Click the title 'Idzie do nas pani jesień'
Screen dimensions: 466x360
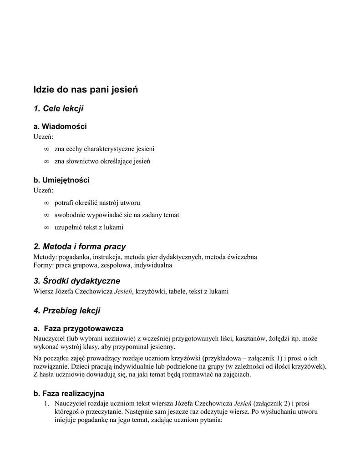pos(86,90)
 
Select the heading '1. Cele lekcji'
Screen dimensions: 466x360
pos(58,108)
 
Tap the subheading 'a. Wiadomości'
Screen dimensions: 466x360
pos(60,126)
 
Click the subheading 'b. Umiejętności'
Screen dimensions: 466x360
pos(61,180)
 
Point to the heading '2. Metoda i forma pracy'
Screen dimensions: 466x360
pos(80,247)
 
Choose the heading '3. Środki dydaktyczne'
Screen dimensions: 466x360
pos(77,281)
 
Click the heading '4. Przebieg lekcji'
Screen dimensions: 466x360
pos(67,311)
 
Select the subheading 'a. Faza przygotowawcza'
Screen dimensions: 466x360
pos(78,329)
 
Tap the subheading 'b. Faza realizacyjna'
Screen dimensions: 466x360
pos(69,393)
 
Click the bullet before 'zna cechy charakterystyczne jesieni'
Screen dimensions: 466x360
pos(46,149)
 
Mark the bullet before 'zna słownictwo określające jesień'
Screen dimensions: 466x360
pos(46,161)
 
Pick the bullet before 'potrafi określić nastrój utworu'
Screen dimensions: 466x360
pos(46,203)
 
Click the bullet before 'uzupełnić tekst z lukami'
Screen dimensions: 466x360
pos(46,227)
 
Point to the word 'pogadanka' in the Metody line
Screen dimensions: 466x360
pos(74,257)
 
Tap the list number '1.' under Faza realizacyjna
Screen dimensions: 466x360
pos(46,404)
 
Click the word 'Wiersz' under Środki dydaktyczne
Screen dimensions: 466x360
pos(43,291)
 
